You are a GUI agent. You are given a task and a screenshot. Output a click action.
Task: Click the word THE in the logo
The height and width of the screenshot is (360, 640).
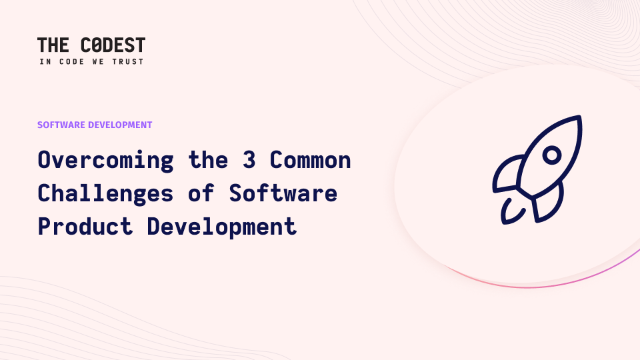pos(53,45)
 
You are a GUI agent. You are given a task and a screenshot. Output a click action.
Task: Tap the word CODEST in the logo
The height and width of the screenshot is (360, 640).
pos(113,45)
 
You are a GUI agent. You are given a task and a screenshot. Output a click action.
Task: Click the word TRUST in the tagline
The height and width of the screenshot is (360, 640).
pos(128,61)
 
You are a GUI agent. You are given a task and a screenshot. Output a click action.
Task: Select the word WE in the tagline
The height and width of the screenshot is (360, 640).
pos(98,61)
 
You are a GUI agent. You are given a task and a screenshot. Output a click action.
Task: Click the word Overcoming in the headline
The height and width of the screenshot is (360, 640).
pos(106,160)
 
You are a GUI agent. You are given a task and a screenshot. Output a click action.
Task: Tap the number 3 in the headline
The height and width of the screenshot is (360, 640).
pos(249,159)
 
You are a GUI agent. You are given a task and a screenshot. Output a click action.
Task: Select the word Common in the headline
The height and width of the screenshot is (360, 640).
pos(310,160)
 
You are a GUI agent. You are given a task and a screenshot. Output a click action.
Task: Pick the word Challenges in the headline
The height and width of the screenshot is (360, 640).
pos(106,193)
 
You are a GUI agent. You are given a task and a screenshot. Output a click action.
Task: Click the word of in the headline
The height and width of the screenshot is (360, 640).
pos(201,193)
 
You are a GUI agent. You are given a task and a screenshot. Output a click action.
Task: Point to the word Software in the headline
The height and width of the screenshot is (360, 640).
pos(283,193)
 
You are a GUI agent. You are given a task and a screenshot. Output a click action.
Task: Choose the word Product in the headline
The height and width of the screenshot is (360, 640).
pos(85,227)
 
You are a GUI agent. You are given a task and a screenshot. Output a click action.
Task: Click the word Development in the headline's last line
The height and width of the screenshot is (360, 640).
pos(221,227)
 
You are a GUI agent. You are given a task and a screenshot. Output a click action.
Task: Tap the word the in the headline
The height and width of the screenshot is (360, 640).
pos(208,159)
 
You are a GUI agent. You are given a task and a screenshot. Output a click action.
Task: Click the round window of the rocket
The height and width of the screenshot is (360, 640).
pos(552,155)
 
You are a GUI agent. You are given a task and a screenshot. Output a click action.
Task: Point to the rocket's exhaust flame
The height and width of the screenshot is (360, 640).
pos(510,212)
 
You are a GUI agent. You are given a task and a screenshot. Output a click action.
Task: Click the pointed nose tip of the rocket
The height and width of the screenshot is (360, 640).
pos(579,117)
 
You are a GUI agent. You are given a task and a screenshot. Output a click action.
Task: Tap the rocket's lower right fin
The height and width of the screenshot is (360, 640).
pos(549,204)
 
